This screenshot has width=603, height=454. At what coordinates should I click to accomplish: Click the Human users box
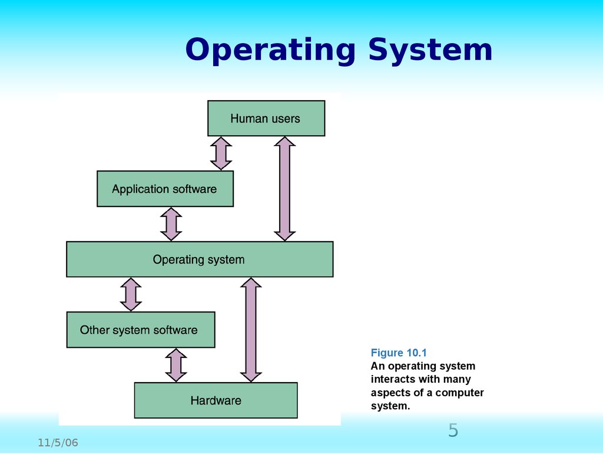(x=266, y=119)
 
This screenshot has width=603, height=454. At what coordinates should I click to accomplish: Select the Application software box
(x=165, y=189)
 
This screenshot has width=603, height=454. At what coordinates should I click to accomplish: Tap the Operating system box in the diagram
(x=199, y=259)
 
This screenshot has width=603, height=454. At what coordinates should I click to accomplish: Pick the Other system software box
(x=140, y=330)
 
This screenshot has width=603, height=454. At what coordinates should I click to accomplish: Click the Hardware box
(x=216, y=400)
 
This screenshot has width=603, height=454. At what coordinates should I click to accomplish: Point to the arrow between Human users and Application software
(x=221, y=153)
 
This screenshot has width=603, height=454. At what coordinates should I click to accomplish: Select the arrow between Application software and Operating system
(x=171, y=224)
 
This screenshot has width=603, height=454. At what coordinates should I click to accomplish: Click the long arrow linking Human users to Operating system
(x=285, y=189)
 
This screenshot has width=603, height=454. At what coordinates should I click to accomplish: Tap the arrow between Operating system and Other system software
(x=131, y=294)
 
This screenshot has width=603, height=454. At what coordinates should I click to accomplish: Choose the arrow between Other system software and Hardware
(x=175, y=365)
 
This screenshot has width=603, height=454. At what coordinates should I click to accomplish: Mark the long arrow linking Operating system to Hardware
(x=251, y=330)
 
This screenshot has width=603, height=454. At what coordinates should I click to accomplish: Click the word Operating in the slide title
(x=270, y=51)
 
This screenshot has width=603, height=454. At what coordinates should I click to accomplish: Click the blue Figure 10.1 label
(x=398, y=353)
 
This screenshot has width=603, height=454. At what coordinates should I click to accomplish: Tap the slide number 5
(x=453, y=430)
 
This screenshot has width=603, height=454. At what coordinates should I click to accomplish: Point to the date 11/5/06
(x=58, y=443)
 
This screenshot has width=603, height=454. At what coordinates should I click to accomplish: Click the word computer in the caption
(x=459, y=393)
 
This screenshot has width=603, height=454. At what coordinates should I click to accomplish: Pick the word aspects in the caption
(x=389, y=393)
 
